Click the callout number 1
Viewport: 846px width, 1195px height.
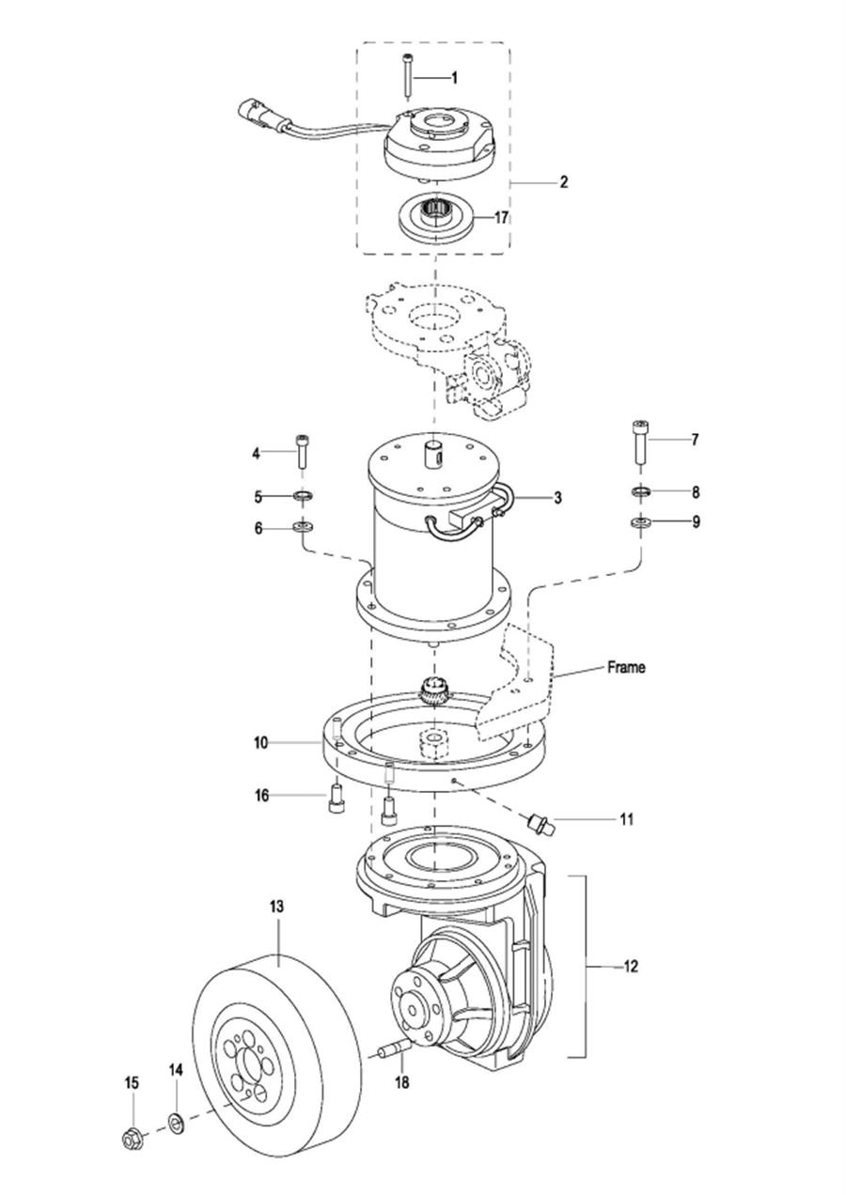[x=454, y=78]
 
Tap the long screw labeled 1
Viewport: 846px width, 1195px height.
[x=407, y=76]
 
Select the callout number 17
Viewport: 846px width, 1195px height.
[x=501, y=218]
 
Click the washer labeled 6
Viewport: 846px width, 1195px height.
[x=304, y=528]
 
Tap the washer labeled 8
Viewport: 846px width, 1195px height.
[x=640, y=490]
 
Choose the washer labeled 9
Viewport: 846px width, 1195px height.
[x=640, y=521]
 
